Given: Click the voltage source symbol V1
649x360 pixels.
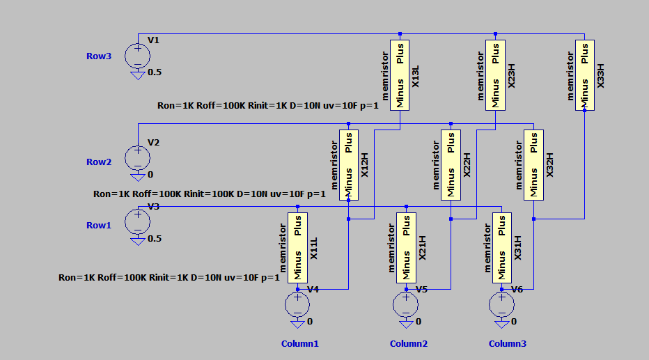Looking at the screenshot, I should point(137,55).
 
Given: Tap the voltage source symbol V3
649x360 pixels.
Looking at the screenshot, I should point(137,221).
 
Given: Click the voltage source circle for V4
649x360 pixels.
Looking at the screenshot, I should point(297,304).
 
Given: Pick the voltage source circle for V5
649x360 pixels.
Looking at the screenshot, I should point(406,304).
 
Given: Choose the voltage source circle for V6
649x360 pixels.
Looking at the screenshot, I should point(501,304).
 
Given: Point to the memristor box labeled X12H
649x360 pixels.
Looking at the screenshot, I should point(348,164).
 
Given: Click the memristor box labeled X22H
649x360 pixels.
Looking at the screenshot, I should point(451,164).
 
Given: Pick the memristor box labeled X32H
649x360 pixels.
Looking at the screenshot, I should point(533,164).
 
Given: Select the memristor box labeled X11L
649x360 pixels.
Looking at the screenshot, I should point(297,248).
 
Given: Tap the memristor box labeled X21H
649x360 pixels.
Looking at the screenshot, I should point(406,248).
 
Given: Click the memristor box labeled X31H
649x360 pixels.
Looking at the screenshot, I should point(501,248).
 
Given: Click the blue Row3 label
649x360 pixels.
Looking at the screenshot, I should point(98,56).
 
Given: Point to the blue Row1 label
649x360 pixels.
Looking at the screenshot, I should point(98,225).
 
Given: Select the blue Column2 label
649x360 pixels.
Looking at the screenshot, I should point(408,343).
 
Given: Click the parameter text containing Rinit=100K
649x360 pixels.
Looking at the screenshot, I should point(209,194).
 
